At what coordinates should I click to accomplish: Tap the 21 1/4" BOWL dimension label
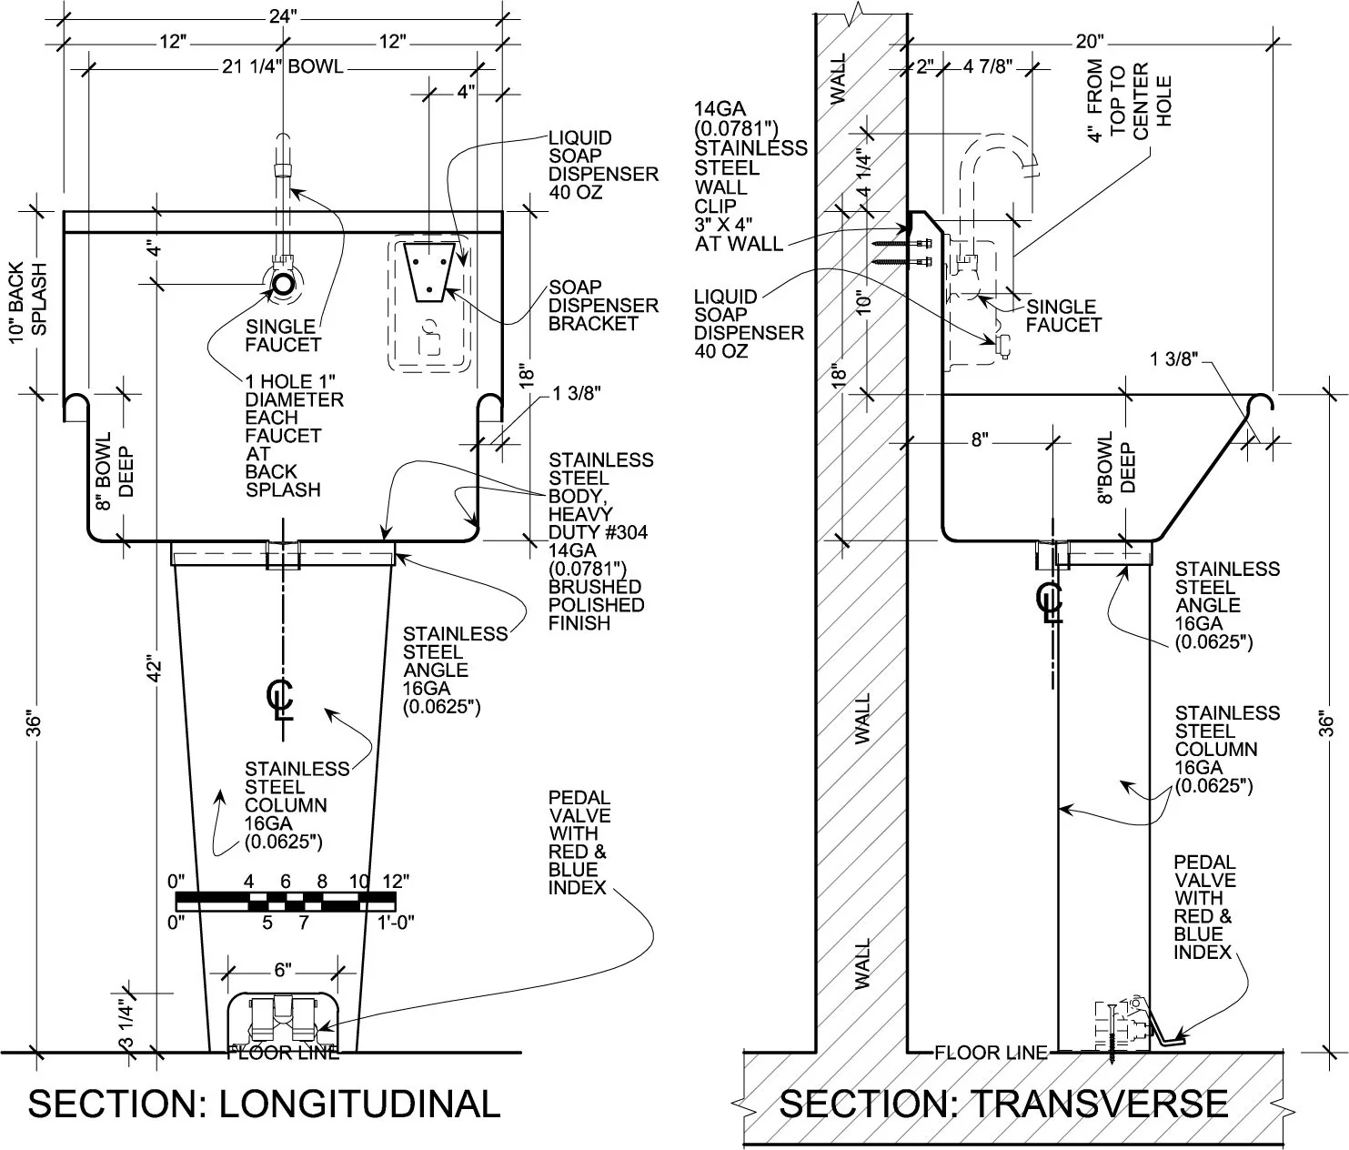pos(283,66)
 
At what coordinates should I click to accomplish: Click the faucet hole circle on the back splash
pos(284,283)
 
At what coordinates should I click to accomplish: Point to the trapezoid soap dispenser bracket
pos(430,271)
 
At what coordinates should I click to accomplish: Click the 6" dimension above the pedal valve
pos(283,970)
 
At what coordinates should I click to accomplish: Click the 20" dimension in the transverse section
pos(1090,41)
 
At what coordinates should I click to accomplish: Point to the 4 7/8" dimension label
pos(988,67)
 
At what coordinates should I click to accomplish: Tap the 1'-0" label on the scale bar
pos(397,922)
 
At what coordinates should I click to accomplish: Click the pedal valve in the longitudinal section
pos(282,1021)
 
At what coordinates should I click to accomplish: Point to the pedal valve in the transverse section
pos(1128,1028)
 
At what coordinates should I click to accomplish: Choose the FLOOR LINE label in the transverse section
pos(991,1053)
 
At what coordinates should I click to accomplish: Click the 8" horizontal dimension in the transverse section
pos(979,440)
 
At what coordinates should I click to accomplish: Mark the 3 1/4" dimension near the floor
pos(127,1024)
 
